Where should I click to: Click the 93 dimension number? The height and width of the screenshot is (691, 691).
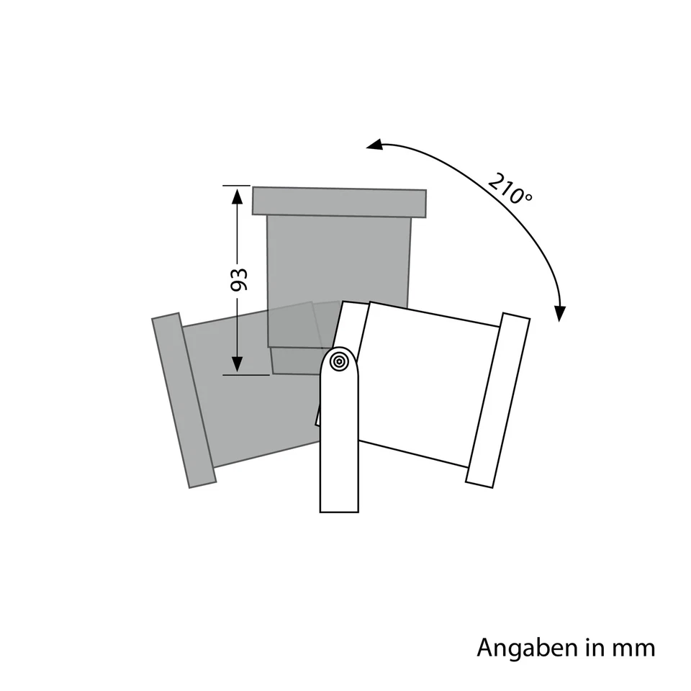(239, 279)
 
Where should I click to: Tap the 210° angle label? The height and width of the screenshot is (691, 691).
(510, 189)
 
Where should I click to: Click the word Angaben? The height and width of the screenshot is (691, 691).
(528, 648)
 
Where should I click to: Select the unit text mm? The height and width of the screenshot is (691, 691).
(633, 648)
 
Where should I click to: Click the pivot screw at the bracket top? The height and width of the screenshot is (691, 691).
(340, 362)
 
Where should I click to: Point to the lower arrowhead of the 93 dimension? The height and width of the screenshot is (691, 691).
(237, 363)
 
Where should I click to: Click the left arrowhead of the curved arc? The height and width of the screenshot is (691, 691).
(374, 145)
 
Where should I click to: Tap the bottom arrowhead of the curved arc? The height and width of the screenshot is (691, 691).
(560, 312)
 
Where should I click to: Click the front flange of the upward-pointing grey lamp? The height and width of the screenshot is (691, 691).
(339, 202)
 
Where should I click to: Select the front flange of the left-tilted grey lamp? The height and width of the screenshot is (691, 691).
(183, 401)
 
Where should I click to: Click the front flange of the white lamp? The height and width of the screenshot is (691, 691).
(498, 399)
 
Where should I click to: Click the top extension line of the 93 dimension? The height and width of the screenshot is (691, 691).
(237, 186)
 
